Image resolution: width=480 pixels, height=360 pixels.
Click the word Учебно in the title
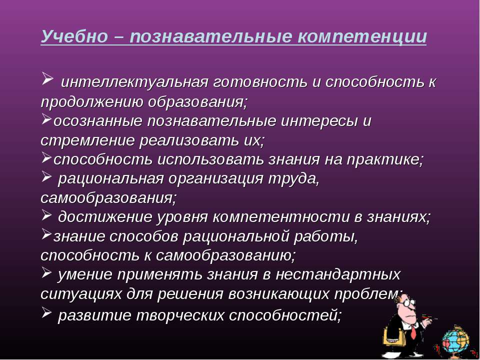coord(74,36)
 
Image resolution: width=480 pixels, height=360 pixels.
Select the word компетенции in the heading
coord(362,36)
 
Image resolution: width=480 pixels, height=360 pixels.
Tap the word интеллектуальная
coord(135,82)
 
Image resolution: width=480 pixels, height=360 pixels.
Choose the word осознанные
coord(98,121)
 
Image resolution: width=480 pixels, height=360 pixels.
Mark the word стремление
coord(87,140)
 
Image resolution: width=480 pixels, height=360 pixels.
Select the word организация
coord(216,179)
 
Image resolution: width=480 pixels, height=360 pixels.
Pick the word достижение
coord(105,217)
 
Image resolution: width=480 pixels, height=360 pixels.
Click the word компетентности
coord(280,217)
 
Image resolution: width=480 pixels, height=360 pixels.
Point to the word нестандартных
coord(338,274)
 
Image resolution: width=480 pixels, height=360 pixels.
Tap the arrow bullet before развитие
coord(46,312)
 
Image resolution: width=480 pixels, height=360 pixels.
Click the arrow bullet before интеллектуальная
coord(47,78)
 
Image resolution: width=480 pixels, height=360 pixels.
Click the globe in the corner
coord(455,340)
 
